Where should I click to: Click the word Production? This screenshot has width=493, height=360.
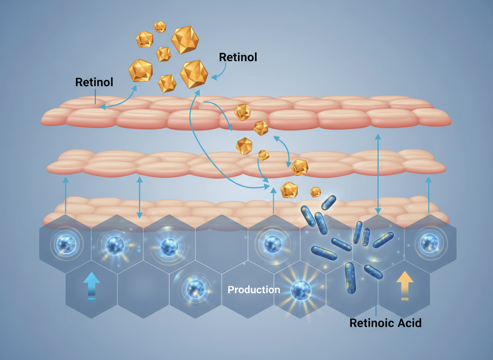[254, 290]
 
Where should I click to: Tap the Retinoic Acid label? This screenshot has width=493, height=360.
[385, 322]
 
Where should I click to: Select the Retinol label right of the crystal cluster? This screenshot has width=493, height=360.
[238, 57]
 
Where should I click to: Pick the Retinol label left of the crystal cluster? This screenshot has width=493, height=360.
[94, 82]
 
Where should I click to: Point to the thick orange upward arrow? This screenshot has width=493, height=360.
[404, 285]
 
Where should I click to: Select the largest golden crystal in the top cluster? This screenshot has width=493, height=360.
[185, 40]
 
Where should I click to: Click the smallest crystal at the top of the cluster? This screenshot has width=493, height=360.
[160, 27]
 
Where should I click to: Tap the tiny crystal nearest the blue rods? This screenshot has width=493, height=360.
[315, 192]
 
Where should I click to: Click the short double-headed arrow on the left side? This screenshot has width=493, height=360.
[139, 197]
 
